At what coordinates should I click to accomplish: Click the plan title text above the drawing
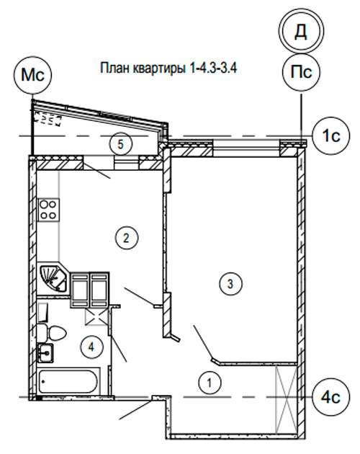pyautogui.click(x=168, y=68)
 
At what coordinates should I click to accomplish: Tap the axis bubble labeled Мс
pyautogui.click(x=32, y=75)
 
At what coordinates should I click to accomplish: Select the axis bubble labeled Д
pyautogui.click(x=301, y=31)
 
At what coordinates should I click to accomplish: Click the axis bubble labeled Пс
pyautogui.click(x=301, y=72)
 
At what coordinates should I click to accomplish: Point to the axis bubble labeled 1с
pyautogui.click(x=331, y=135)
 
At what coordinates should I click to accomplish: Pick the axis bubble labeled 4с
pyautogui.click(x=331, y=397)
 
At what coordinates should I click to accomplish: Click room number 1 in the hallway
pyautogui.click(x=210, y=383)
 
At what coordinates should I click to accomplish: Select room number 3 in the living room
pyautogui.click(x=230, y=284)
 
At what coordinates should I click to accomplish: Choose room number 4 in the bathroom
pyautogui.click(x=91, y=347)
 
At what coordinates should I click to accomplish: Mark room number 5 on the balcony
pyautogui.click(x=121, y=144)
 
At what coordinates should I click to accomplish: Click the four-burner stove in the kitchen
pyautogui.click(x=48, y=210)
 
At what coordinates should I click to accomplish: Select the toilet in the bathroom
pyautogui.click(x=52, y=333)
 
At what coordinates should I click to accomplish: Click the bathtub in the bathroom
pyautogui.click(x=68, y=380)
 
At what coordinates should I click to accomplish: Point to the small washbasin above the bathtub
pyautogui.click(x=46, y=352)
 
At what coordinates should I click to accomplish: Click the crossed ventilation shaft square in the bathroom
pyautogui.click(x=96, y=317)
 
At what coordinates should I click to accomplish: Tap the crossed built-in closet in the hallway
pyautogui.click(x=286, y=399)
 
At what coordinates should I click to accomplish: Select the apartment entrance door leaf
pyautogui.click(x=136, y=409)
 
